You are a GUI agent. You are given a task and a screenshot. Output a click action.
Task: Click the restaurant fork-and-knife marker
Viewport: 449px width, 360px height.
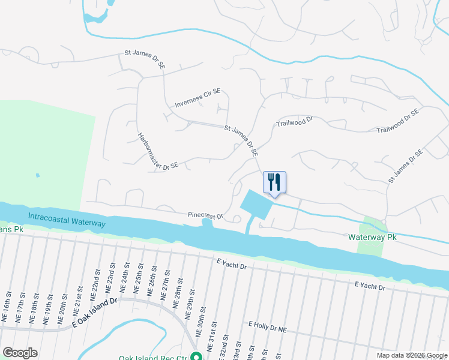[274, 182]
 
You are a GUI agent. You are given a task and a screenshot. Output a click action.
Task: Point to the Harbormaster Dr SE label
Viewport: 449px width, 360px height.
[157, 151]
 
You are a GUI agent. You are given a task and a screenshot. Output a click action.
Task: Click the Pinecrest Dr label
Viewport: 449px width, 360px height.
[205, 215]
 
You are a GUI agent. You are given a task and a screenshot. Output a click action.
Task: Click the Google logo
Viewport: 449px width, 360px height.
[20, 353]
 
